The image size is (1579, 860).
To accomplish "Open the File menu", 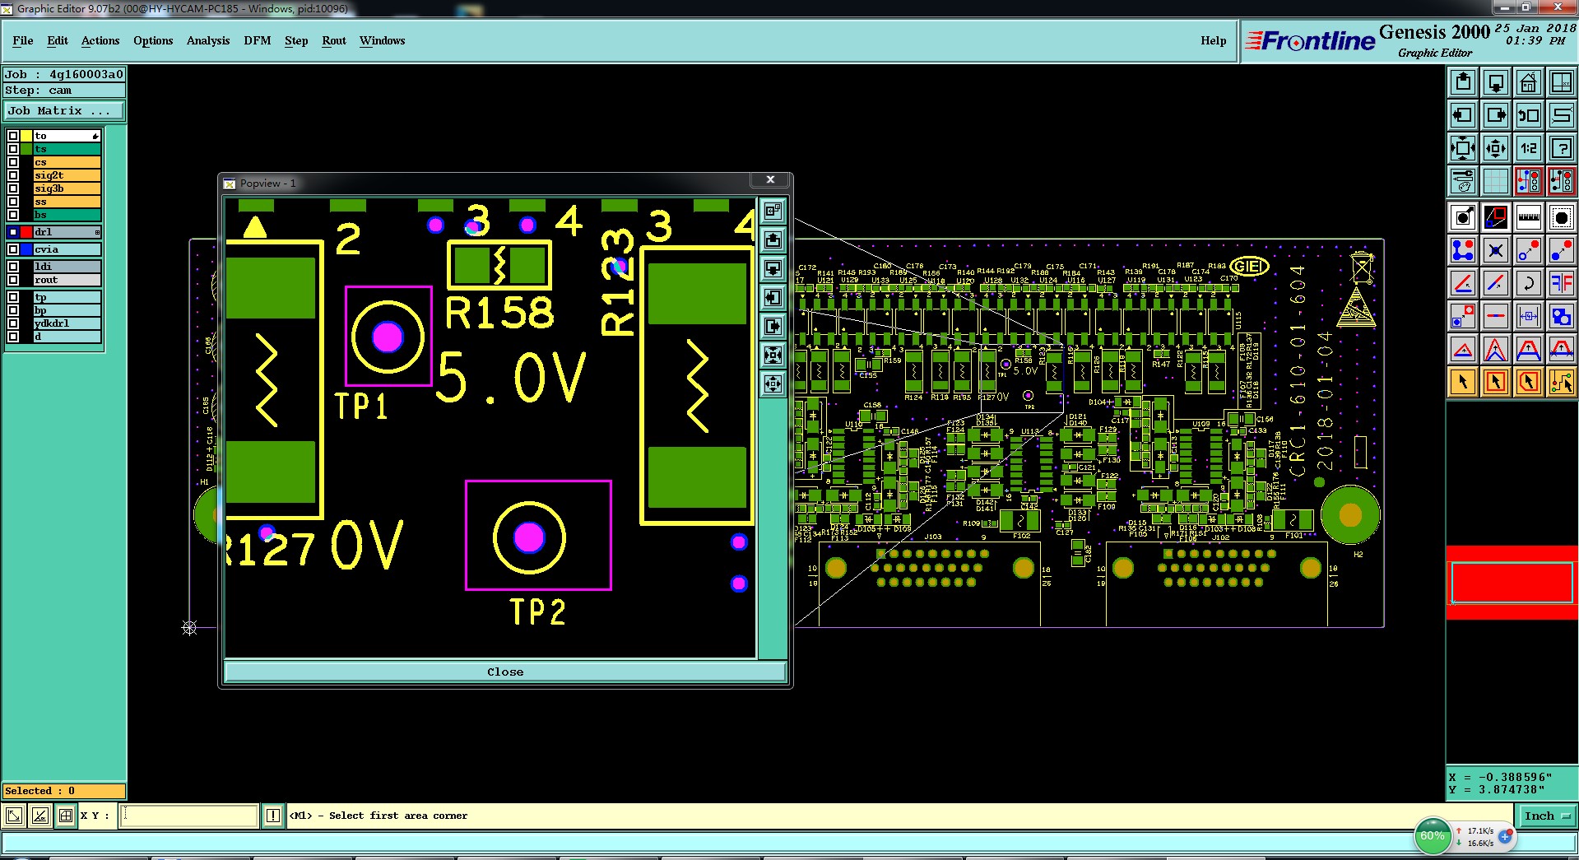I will [x=23, y=40].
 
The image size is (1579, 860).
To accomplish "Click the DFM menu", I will [x=257, y=40].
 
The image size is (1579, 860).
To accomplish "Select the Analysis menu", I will [x=207, y=40].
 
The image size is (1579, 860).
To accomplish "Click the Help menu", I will [x=1213, y=40].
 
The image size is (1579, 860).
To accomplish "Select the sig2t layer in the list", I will [x=66, y=175].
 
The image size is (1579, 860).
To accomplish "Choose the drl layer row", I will [x=66, y=232].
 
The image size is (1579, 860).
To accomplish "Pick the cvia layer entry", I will [x=66, y=249].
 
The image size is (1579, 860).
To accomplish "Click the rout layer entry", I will [x=66, y=280].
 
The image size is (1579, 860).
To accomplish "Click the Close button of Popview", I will [x=504, y=672].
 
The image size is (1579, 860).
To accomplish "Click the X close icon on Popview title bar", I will [x=770, y=180].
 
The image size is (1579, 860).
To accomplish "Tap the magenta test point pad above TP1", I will [x=388, y=337].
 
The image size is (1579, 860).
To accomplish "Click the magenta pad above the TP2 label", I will [x=528, y=537].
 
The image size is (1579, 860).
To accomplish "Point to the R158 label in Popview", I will [x=499, y=313].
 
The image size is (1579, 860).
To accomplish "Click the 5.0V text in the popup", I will [x=511, y=379].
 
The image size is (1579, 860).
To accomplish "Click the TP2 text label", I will [x=537, y=612].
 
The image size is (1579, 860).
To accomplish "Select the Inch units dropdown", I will [x=1546, y=816].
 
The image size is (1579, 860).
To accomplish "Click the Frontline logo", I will [x=1310, y=40].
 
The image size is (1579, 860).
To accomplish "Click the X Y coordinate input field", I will [x=190, y=816].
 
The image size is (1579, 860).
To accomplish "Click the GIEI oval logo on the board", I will [x=1248, y=267].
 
